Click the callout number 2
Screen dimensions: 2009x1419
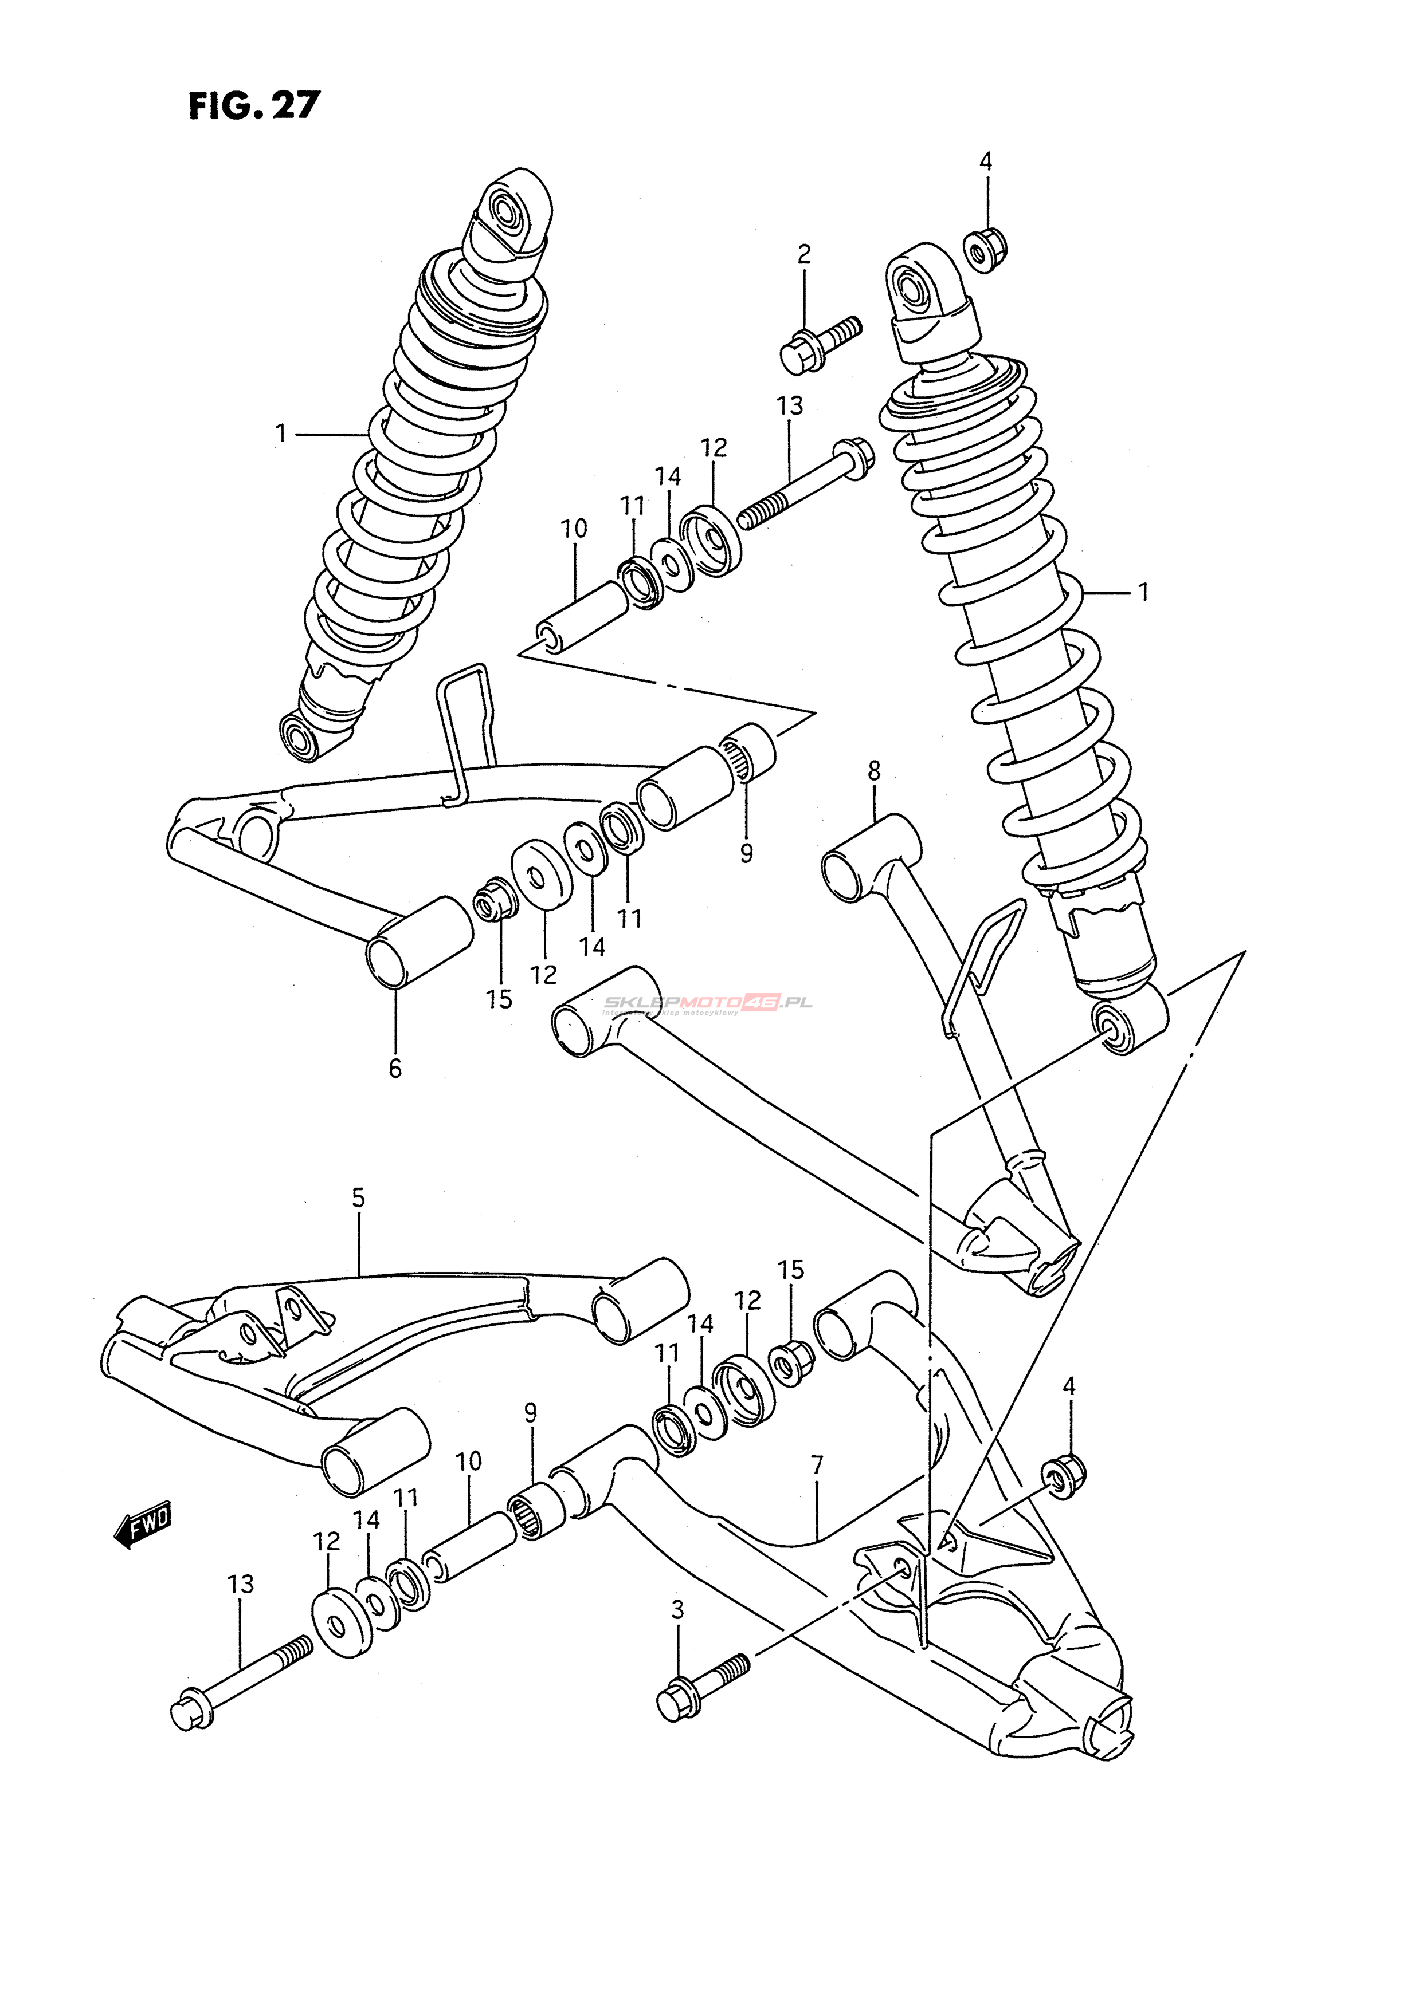click(803, 255)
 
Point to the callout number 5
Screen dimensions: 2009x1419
click(358, 1198)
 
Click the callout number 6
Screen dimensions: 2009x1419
click(395, 1069)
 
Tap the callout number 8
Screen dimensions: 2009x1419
click(873, 772)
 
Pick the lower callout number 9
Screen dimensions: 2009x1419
click(531, 1413)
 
